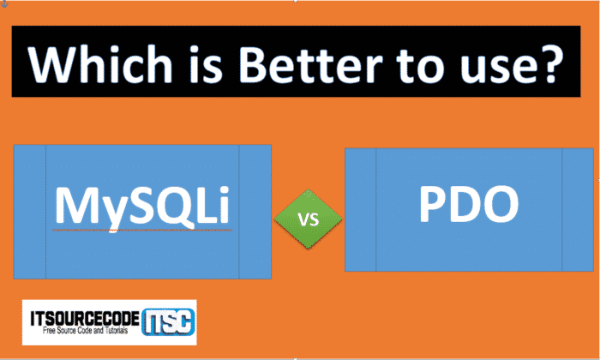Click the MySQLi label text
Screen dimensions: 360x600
(143, 207)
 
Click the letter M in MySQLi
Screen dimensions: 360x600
(76, 207)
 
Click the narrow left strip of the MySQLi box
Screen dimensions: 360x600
(30, 212)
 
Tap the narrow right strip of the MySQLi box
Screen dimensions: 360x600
(255, 212)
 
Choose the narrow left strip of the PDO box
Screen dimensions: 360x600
(361, 209)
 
